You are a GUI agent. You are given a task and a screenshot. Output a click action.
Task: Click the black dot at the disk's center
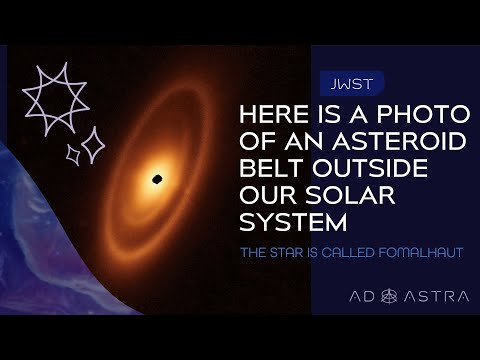pyautogui.click(x=157, y=179)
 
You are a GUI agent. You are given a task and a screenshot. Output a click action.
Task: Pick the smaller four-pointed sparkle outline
pyautogui.click(x=72, y=154)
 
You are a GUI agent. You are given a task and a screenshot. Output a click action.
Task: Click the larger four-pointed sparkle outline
pyautogui.click(x=92, y=147)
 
